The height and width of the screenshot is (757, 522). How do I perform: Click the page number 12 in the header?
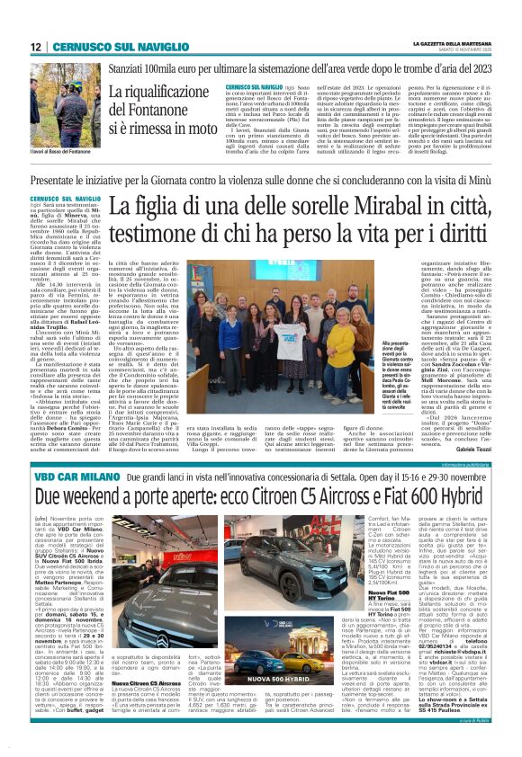(x=34, y=47)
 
